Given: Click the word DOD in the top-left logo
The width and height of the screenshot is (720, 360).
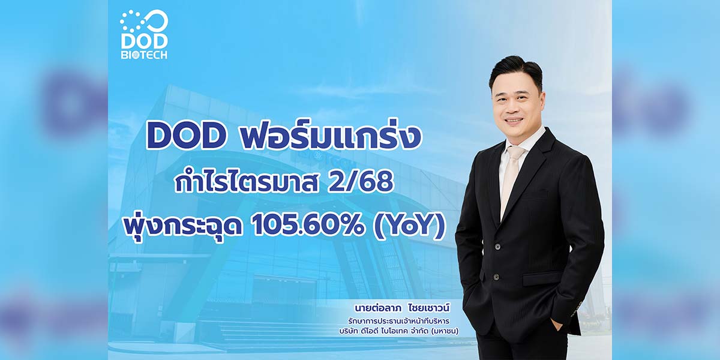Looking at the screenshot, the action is coord(145,41).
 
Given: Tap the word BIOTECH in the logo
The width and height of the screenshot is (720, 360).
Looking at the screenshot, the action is coord(145,55).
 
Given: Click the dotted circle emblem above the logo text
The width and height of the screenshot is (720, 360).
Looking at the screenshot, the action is coord(143,21).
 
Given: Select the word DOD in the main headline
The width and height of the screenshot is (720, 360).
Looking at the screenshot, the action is coord(186,136).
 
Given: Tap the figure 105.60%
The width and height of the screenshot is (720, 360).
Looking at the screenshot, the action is coord(308,227).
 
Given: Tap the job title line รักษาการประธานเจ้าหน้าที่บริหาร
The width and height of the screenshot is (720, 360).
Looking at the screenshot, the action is coord(398,321).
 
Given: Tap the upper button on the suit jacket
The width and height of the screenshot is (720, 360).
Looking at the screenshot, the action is coord(497,247).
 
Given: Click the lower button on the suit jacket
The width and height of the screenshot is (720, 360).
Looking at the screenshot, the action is coord(496,277).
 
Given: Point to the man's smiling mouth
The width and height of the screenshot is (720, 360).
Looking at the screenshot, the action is coord(514,120).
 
